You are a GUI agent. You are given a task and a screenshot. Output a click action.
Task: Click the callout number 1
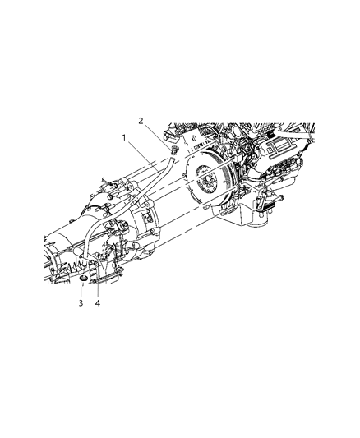125,138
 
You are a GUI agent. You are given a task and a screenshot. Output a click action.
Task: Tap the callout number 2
141,120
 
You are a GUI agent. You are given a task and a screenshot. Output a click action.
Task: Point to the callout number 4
98,302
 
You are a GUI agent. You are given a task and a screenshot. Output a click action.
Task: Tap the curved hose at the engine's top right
292,131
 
